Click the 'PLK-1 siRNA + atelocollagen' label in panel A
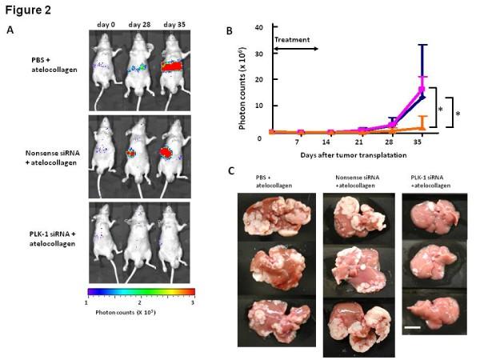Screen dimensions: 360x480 pyautogui.click(x=38, y=233)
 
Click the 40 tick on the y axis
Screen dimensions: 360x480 pyautogui.click(x=261, y=28)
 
